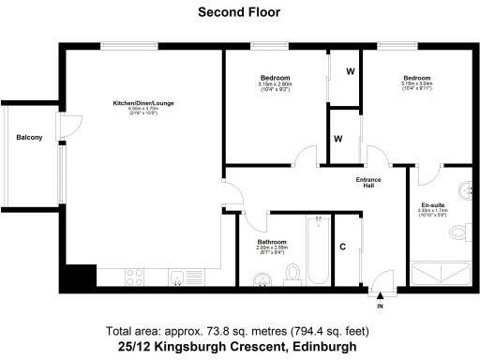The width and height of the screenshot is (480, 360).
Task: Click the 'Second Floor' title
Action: pos(239,12)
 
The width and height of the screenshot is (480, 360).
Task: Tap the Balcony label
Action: pos(29,139)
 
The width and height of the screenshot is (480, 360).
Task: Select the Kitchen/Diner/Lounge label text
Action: pos(143,101)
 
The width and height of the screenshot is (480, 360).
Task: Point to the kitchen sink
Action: pos(175,277)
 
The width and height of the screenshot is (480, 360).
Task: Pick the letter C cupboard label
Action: pos(344,247)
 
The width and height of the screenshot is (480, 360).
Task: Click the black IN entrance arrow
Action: pos(381,296)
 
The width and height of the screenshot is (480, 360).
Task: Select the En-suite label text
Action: pos(432,204)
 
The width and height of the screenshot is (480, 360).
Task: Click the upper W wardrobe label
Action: pos(349,71)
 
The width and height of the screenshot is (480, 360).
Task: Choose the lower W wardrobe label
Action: pos(337,139)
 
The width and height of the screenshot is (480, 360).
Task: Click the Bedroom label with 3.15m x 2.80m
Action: pos(275,77)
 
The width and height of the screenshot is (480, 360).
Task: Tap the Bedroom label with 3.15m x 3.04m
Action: pos(415,78)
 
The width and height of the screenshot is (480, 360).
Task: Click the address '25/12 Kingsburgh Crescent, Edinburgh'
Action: pos(238,347)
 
